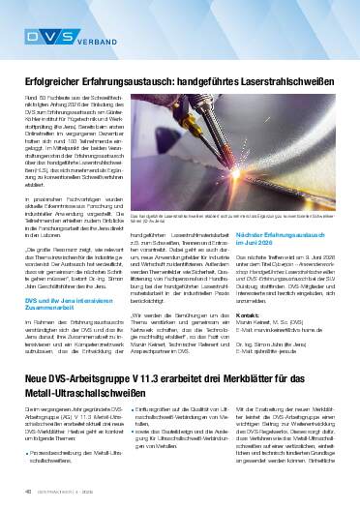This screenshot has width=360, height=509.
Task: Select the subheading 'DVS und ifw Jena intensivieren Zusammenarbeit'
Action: click(88, 306)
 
